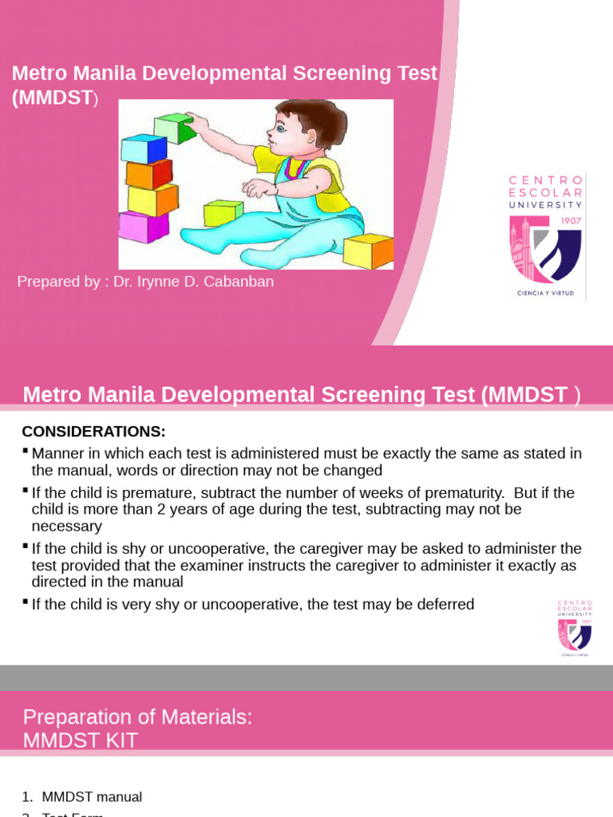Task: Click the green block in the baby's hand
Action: click(175, 128)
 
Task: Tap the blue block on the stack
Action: click(144, 148)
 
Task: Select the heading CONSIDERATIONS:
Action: click(93, 432)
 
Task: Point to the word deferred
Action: click(445, 604)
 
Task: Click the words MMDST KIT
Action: click(81, 740)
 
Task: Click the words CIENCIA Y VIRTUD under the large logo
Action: click(546, 293)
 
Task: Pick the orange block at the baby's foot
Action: click(369, 251)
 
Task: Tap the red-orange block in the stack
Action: click(149, 173)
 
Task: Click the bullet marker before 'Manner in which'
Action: click(26, 452)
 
